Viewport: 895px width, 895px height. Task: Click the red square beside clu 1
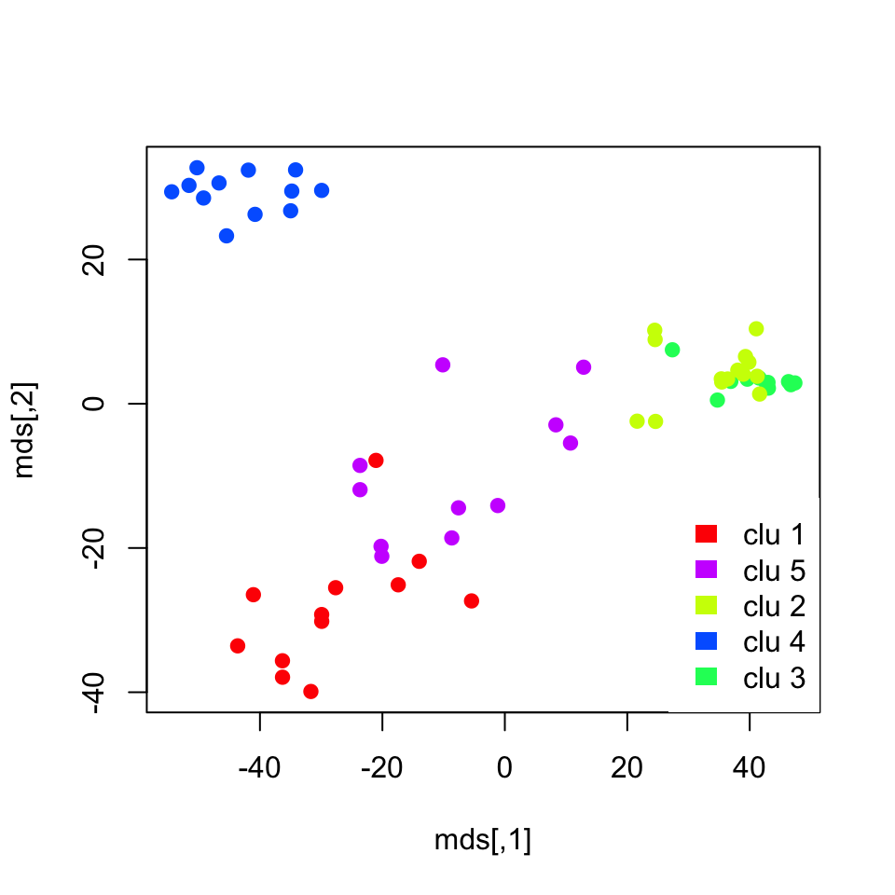point(706,533)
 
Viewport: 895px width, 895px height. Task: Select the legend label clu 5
point(774,570)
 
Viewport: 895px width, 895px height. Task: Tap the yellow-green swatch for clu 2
point(706,605)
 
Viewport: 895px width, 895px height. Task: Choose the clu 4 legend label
point(774,641)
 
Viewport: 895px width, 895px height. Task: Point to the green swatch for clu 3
point(706,677)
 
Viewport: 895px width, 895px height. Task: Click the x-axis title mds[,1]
point(483,840)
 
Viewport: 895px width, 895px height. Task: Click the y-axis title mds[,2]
point(27,430)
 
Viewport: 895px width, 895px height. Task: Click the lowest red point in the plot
point(310,691)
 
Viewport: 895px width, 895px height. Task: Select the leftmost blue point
point(172,192)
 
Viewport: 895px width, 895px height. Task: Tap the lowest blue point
point(227,236)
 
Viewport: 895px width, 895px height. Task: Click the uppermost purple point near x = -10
point(443,365)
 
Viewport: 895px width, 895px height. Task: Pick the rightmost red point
point(472,601)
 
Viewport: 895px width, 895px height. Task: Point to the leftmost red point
point(238,646)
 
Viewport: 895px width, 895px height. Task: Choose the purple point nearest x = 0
point(498,505)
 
